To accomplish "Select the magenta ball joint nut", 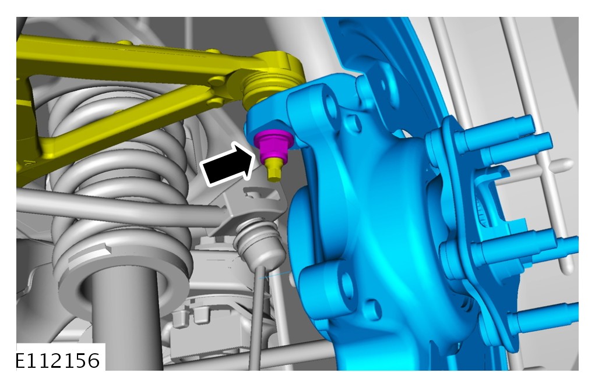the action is coord(273,144).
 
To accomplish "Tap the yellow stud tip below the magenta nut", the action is coord(274,169).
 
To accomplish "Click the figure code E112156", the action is coord(58,360).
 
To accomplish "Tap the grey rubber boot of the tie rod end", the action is coord(260,243).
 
